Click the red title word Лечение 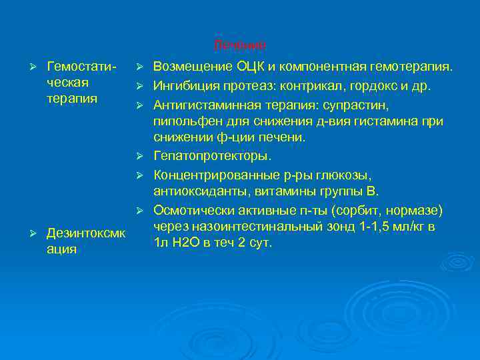click(239, 45)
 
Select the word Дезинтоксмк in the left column click(85, 233)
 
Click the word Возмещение click(193, 67)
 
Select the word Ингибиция click(187, 87)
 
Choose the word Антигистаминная click(208, 105)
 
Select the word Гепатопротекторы click(212, 156)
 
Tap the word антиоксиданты click(194, 191)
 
